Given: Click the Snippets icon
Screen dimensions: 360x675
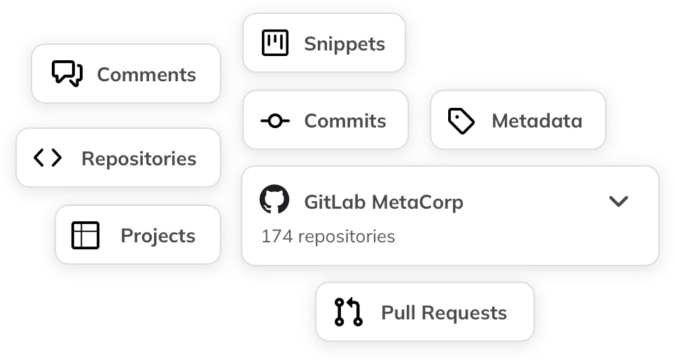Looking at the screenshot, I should tap(274, 43).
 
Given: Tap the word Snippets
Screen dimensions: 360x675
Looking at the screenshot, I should tap(345, 44).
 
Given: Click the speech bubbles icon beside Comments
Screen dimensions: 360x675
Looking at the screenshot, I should tap(67, 74).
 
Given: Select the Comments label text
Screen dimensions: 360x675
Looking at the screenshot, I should tap(146, 75).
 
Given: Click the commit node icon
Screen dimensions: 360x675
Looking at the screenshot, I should tap(274, 121).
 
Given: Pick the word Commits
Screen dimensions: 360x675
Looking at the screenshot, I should tap(345, 121).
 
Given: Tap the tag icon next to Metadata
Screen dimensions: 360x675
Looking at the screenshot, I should tap(461, 121).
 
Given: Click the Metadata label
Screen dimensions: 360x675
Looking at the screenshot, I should tap(537, 121).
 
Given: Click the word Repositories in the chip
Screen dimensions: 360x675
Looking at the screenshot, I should tap(139, 159).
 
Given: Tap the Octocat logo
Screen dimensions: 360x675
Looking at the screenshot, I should tap(274, 200).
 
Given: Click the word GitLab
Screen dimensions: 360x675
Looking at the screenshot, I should tap(335, 202).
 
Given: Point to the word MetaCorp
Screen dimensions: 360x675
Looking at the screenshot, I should tap(417, 202).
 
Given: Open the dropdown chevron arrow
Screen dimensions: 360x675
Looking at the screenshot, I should tap(618, 202).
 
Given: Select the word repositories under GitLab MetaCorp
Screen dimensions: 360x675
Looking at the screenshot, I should tap(347, 237).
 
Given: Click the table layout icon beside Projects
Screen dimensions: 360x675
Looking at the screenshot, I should tap(85, 235).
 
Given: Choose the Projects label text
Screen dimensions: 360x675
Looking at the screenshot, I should tap(158, 236).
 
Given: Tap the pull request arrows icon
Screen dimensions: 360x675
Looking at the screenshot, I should tap(348, 312).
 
